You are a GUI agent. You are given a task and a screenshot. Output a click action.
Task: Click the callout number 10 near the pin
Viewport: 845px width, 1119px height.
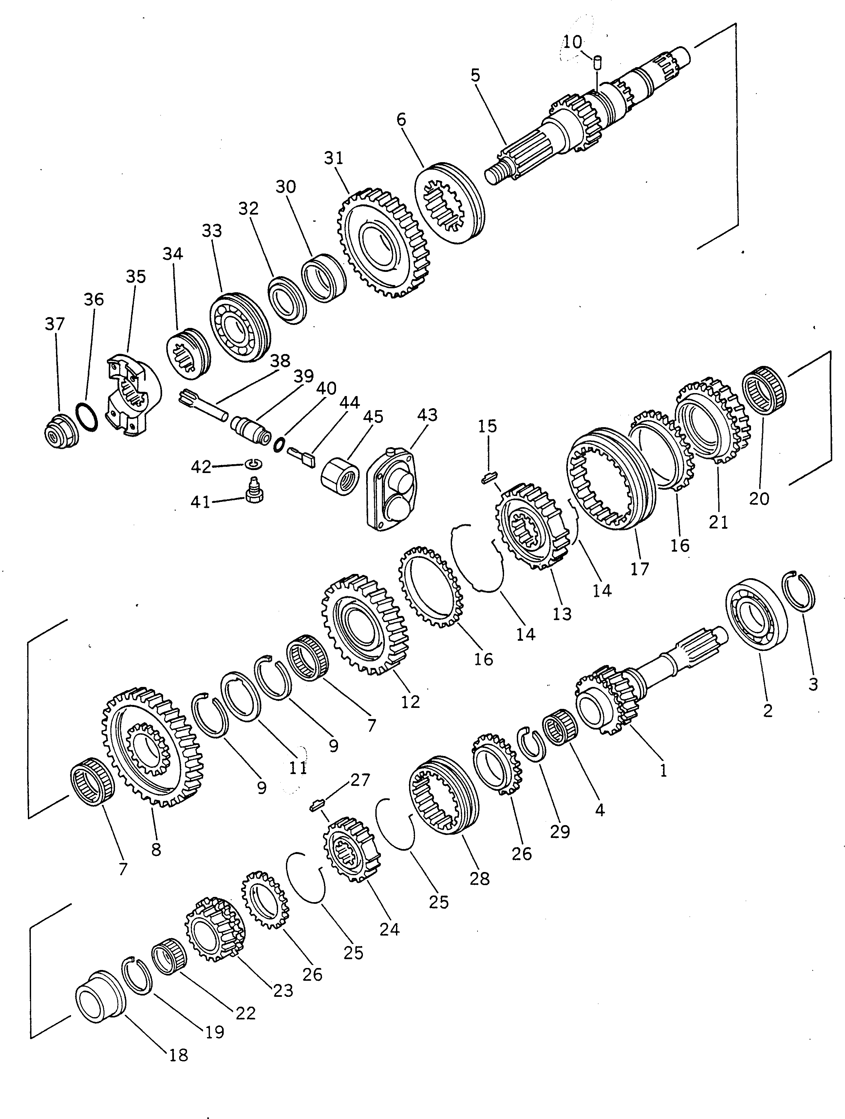[573, 42]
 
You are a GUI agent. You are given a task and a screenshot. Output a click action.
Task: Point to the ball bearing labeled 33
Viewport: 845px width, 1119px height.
[239, 326]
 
